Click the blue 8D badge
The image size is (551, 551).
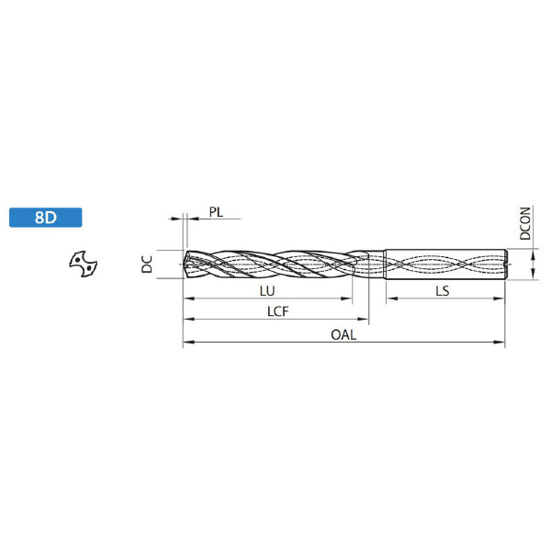coord(46,218)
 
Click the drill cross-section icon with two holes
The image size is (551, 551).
coord(84,264)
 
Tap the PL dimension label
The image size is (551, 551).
coord(216,212)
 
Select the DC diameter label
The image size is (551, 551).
coord(147,264)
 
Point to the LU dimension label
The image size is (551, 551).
coord(267,291)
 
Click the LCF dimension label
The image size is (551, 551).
coord(277,311)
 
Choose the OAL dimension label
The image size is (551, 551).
coord(343,334)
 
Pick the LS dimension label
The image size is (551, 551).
coord(443,291)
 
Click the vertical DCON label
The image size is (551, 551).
coord(525,223)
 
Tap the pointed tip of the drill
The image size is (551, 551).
coord(184,264)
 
